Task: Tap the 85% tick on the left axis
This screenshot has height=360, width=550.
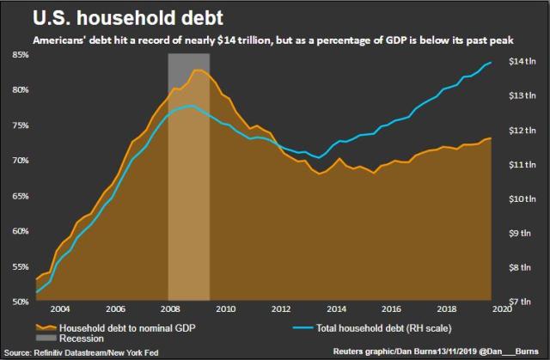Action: click(x=19, y=54)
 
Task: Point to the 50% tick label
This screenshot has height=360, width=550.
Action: click(x=19, y=302)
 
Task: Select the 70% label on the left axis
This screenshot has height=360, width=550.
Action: click(x=19, y=161)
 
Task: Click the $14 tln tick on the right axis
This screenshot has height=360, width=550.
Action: click(x=522, y=62)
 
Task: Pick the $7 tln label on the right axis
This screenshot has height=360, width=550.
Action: click(x=523, y=302)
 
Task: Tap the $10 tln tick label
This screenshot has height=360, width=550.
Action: click(x=522, y=199)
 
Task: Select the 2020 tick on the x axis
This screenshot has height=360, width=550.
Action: click(x=500, y=308)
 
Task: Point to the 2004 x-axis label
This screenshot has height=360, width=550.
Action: click(x=58, y=308)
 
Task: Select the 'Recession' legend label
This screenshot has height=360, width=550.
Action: click(x=83, y=339)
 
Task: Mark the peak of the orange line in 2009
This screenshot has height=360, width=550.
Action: click(x=198, y=70)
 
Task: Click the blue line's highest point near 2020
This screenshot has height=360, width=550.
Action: click(x=491, y=63)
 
